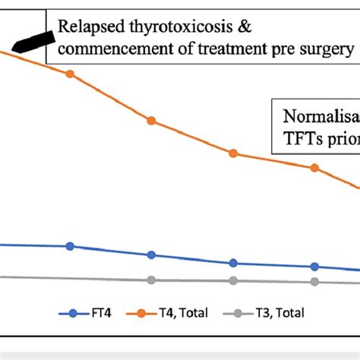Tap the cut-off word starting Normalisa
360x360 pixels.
319,118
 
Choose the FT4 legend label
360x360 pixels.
97,312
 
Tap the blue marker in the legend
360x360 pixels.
73,312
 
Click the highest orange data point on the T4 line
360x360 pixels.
71,74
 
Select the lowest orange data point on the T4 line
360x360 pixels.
314,168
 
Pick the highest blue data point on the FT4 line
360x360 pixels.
71,246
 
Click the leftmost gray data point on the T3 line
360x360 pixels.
152,279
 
